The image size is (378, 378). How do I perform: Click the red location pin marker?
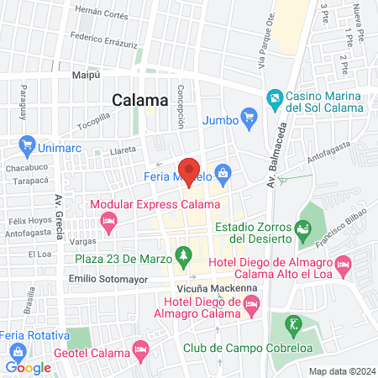coord(189,170)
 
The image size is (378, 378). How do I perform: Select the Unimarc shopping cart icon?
coord(28,144)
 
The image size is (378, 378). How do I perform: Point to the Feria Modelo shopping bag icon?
coord(223,175)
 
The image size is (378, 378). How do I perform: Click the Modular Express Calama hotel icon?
coord(108,222)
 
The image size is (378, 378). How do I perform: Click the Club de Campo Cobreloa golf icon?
coord(291,323)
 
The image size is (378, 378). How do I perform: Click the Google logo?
coord(29,367)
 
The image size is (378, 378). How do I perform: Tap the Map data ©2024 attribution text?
coord(341,370)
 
